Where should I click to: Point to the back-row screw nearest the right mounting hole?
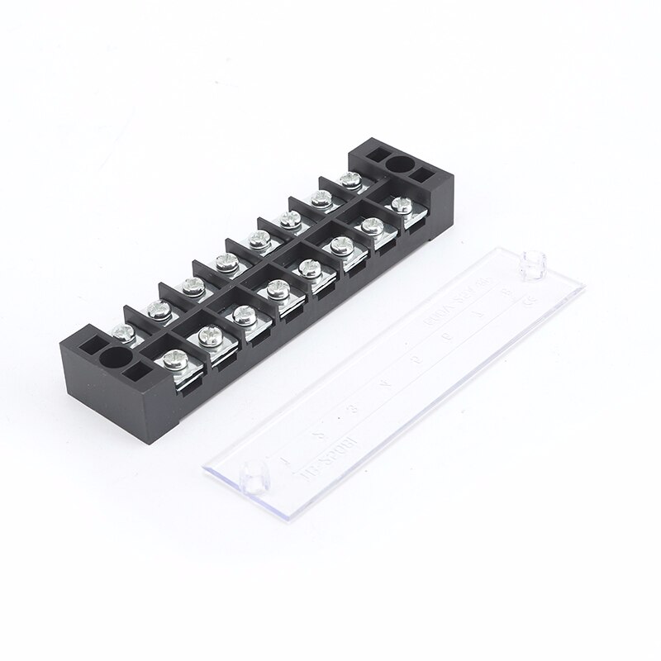pyautogui.click(x=347, y=178)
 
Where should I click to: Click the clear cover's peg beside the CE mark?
pyautogui.click(x=534, y=263)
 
